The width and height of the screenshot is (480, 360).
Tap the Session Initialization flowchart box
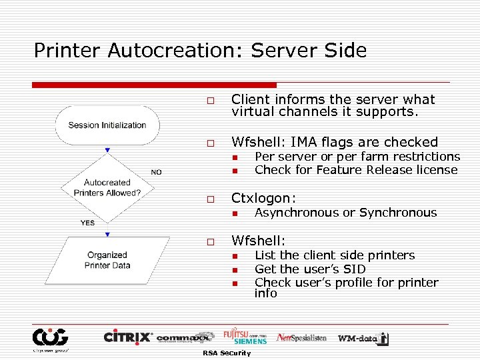107,125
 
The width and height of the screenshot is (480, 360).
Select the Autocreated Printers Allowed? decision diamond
107,187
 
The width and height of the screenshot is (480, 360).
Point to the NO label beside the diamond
156,172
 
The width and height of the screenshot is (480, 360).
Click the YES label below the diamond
87,223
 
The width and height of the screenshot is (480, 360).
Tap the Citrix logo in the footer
128,337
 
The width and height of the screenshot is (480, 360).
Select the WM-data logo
363,338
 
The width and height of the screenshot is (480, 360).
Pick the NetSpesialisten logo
301,337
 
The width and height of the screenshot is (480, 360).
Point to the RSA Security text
227,353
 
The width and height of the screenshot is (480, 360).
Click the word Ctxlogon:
263,198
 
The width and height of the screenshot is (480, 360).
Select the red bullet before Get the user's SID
235,270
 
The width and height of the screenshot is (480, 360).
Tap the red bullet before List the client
235,256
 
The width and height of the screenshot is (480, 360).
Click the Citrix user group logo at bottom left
50,339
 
